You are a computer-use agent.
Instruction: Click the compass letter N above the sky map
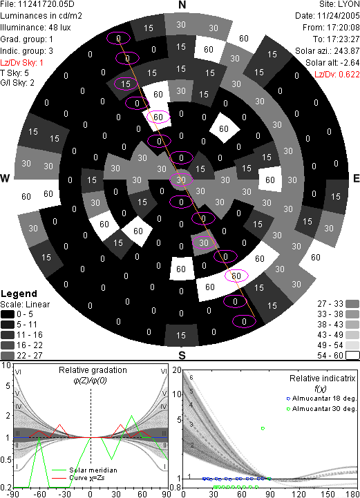(x=182, y=5)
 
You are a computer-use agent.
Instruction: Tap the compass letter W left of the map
(x=5, y=178)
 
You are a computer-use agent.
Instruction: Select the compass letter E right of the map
(x=357, y=178)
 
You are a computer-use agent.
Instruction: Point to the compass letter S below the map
(x=182, y=356)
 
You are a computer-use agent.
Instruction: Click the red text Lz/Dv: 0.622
(x=337, y=75)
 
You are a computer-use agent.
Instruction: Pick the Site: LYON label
(x=339, y=4)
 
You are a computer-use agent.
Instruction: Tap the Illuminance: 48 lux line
(x=36, y=28)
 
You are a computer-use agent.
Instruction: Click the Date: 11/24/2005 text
(x=328, y=16)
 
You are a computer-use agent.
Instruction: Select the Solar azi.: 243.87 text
(x=328, y=51)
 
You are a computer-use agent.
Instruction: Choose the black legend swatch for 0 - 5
(x=8, y=314)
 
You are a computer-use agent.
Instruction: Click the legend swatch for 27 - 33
(x=352, y=304)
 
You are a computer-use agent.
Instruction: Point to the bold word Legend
(x=19, y=294)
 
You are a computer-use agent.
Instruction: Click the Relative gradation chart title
(x=93, y=370)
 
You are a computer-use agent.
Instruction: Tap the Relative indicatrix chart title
(x=323, y=379)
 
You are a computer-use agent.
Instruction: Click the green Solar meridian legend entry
(x=84, y=470)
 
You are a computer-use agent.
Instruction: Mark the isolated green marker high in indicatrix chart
(x=263, y=428)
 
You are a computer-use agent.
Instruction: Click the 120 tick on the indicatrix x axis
(x=298, y=494)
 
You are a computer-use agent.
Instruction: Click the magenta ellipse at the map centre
(x=181, y=180)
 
